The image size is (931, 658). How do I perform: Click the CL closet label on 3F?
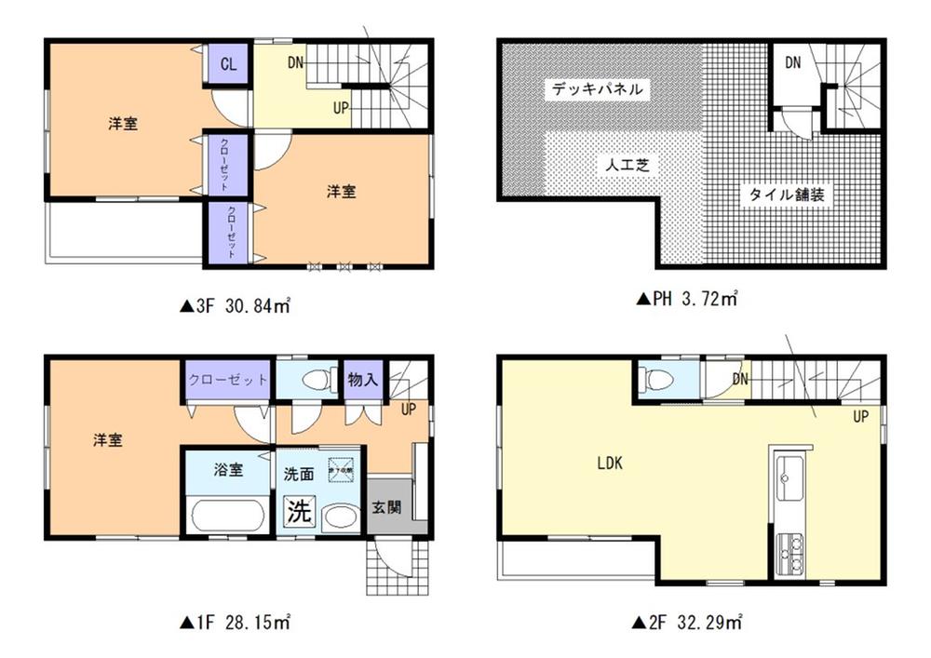tap(228, 64)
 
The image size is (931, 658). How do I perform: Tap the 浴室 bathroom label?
tap(229, 471)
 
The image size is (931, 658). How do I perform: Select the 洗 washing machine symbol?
tap(297, 512)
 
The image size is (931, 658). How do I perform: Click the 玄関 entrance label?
tap(386, 508)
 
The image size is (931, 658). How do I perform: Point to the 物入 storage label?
tap(362, 380)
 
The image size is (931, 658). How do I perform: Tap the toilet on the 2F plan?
tap(662, 380)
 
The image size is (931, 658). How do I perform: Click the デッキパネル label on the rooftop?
tap(596, 89)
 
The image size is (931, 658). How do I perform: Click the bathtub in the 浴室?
tap(227, 515)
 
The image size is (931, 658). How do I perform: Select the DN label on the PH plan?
tap(792, 63)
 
